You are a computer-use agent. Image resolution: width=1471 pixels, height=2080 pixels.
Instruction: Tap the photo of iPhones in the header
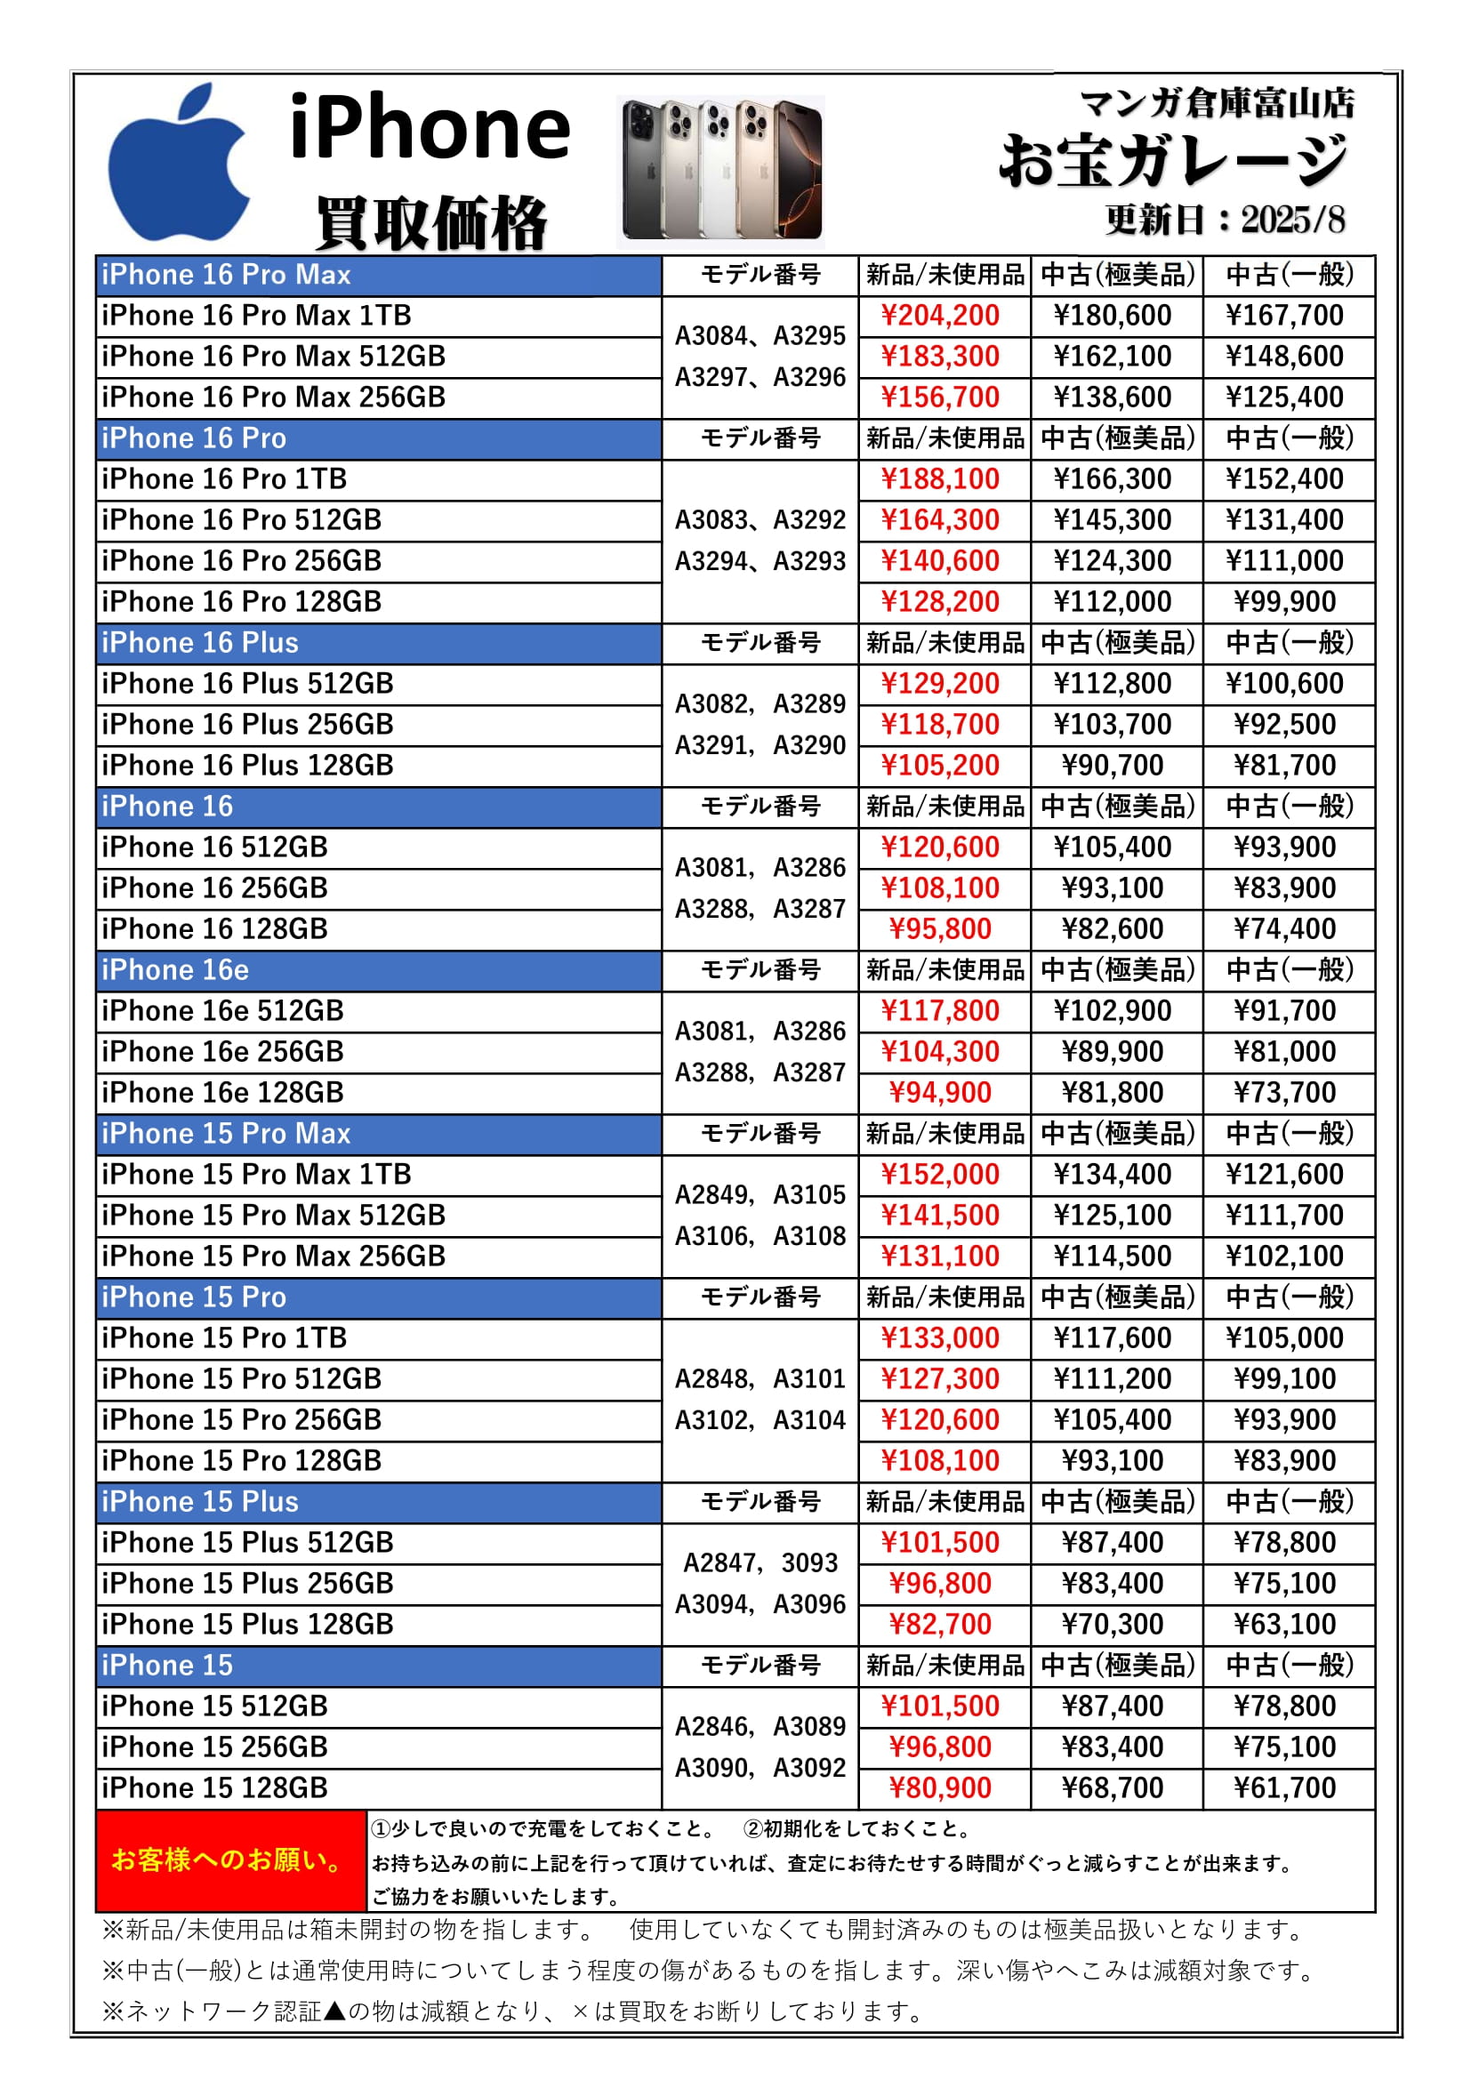[721, 172]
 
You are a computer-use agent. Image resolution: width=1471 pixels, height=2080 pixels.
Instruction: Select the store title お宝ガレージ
[1174, 161]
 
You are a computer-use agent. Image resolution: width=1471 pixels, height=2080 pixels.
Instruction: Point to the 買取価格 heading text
[431, 222]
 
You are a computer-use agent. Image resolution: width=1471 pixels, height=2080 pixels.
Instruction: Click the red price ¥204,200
[940, 317]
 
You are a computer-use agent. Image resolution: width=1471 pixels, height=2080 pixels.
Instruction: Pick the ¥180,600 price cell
[1113, 317]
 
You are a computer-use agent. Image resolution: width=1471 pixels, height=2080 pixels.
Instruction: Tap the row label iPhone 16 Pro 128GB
[242, 602]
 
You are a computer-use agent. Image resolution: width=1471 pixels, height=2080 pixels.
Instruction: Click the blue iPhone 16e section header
[378, 970]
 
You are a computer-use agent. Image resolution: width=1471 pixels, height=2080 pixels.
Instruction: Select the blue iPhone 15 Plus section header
[378, 1502]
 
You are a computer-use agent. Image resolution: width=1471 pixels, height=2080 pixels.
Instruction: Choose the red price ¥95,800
[940, 929]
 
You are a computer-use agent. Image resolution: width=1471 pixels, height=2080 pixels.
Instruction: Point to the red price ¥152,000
[940, 1175]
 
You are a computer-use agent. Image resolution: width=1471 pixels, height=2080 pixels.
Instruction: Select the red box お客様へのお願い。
[230, 1860]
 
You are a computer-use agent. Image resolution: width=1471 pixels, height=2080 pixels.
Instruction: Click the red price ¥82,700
[940, 1625]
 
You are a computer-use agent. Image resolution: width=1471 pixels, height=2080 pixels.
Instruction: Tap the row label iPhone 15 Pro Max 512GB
[274, 1216]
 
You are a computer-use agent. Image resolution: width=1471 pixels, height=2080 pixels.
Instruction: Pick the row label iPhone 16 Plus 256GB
[247, 725]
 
